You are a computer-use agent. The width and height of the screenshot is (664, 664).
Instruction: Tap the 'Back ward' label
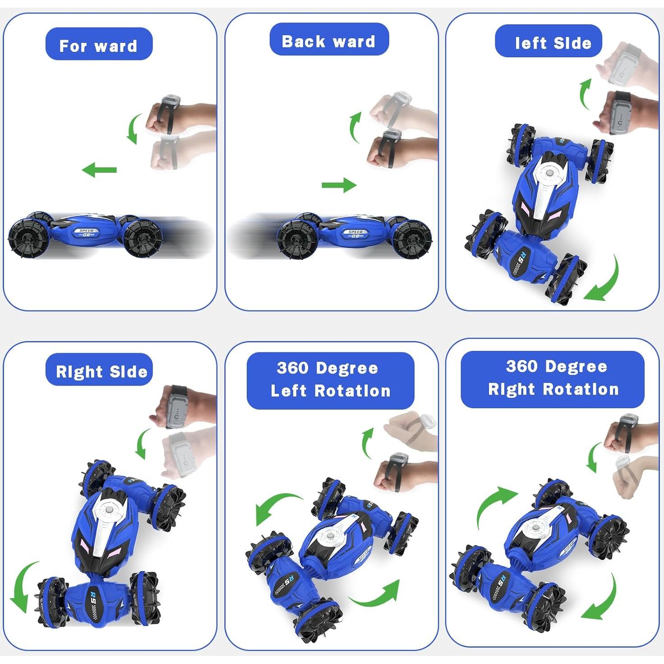[x=329, y=41]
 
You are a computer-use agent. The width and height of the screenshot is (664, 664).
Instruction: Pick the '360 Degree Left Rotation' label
[x=331, y=380]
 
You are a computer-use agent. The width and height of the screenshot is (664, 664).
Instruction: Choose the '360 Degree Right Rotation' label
[x=553, y=378]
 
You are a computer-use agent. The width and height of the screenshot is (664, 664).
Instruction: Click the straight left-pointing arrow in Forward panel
[x=99, y=170]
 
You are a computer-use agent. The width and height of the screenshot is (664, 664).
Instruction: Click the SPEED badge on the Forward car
[x=86, y=233]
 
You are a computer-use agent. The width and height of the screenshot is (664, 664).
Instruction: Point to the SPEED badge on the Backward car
[x=355, y=234]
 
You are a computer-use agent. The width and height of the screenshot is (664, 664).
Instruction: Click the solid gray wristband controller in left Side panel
[x=622, y=113]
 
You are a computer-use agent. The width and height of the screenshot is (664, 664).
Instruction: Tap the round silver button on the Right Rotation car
[x=536, y=526]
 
